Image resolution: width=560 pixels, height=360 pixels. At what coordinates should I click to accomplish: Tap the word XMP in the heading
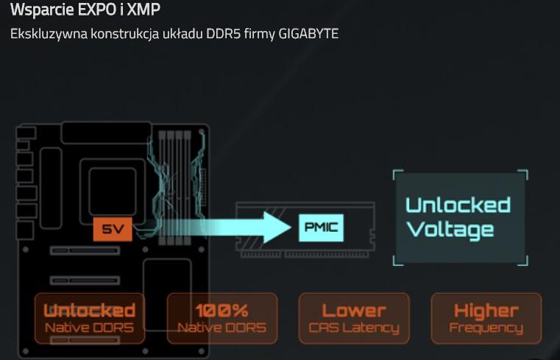click(x=143, y=10)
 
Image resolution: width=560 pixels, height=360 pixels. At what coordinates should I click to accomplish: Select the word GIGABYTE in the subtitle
click(x=308, y=34)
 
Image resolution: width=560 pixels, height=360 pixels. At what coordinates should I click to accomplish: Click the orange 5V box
click(x=113, y=229)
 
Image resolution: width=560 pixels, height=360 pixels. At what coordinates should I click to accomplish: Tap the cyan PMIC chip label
click(x=321, y=227)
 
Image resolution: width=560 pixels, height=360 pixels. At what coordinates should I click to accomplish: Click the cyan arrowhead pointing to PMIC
click(x=277, y=227)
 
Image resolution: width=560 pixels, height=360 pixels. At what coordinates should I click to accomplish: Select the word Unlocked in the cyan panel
click(x=458, y=205)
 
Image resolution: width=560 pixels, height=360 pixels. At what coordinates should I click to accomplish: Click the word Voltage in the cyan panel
click(x=450, y=230)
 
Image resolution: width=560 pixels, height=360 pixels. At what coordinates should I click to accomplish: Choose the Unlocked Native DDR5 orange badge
click(x=90, y=318)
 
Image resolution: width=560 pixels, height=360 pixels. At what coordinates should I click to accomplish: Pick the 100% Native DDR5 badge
click(x=222, y=318)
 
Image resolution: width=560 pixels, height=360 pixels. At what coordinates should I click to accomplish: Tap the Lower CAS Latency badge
click(x=354, y=318)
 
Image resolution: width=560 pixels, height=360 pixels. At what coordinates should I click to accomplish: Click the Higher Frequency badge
click(x=486, y=318)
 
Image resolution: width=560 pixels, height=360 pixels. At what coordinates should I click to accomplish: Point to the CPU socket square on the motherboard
click(x=113, y=191)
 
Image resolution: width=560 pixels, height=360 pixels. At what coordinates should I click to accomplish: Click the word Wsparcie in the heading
click(x=42, y=10)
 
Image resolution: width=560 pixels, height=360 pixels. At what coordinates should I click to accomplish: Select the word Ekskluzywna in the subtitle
click(x=49, y=34)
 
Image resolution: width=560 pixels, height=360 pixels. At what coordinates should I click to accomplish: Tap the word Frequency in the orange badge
click(x=486, y=328)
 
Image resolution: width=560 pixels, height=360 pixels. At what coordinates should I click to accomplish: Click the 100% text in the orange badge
click(x=221, y=311)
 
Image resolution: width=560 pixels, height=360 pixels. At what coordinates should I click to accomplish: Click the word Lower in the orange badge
click(x=354, y=311)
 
